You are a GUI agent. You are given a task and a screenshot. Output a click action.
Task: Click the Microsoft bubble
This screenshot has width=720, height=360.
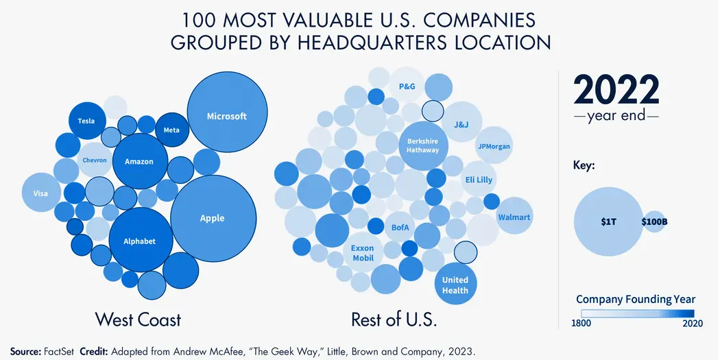[227, 116]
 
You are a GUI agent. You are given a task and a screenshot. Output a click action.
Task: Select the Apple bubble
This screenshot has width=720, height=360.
[212, 218]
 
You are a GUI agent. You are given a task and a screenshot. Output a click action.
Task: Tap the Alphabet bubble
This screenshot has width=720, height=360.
[139, 241]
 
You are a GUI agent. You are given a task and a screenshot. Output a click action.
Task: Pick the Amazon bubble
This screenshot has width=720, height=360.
[139, 161]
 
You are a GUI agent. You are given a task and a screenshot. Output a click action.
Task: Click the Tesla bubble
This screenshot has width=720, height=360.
[86, 121]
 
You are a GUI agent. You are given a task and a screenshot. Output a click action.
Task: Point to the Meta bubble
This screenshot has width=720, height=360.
[171, 130]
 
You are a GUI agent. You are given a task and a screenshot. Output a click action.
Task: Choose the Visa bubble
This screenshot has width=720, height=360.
[41, 193]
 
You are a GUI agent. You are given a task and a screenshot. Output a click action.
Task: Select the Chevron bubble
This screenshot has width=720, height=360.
[95, 160]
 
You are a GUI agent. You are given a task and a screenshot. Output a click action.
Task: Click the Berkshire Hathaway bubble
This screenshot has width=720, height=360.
[422, 145]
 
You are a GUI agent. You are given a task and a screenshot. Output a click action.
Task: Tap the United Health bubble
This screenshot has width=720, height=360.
[455, 284]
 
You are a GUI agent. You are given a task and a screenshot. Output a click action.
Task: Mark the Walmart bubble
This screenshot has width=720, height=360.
[514, 217]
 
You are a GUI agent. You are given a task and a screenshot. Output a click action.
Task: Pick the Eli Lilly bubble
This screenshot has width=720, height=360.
[479, 180]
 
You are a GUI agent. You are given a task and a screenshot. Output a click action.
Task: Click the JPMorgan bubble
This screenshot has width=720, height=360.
[494, 145]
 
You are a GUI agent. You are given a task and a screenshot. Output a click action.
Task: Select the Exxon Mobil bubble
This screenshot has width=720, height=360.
[363, 253]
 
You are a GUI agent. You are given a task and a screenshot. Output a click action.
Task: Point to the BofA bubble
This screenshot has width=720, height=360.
[400, 226]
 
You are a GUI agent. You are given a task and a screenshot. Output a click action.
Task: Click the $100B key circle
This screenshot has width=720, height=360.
[654, 221]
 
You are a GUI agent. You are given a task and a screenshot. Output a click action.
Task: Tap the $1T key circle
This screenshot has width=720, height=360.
[608, 221]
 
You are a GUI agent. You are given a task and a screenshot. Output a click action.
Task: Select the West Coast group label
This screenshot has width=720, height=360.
[138, 319]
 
